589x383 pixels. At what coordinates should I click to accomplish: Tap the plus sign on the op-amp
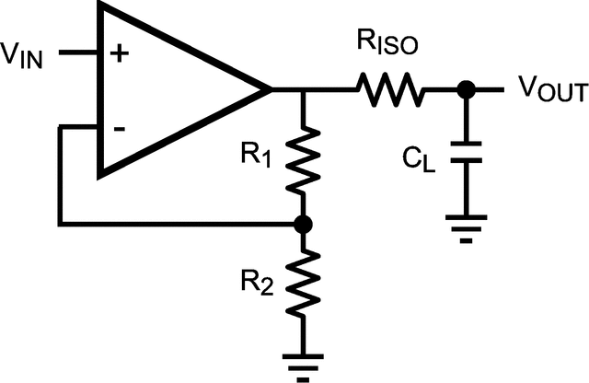tap(119, 53)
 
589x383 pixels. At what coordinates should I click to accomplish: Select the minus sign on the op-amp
tap(119, 128)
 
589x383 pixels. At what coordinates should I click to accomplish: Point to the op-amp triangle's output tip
tap(270, 90)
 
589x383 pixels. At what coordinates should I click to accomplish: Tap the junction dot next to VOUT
tap(467, 90)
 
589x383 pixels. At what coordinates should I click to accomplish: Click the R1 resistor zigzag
tap(301, 158)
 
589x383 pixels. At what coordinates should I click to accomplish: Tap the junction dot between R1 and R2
tap(301, 223)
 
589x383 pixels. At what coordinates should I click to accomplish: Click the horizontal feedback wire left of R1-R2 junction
tap(175, 223)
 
